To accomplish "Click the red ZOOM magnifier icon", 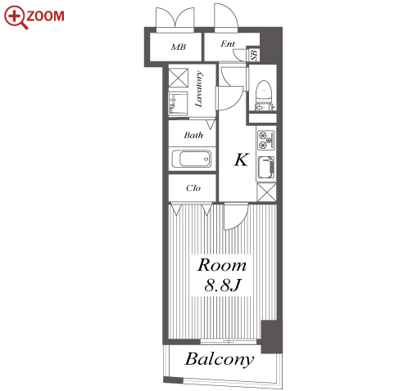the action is [16, 17].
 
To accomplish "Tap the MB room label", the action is [179, 47].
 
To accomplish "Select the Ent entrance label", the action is [228, 43].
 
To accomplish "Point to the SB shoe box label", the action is [254, 55].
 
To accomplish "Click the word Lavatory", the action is [199, 88].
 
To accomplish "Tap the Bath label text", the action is [193, 135].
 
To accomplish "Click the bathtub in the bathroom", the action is [192, 159].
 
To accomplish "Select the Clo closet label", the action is [193, 188].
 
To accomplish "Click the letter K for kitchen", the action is [242, 160].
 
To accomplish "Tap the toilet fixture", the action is [264, 96].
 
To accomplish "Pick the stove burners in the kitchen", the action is [265, 140].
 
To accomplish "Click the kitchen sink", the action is [266, 168].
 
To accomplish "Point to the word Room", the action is [221, 265].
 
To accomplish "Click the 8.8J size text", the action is [222, 285].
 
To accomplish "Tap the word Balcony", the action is [220, 359].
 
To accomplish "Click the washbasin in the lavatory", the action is [178, 104].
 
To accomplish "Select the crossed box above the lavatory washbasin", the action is [178, 78].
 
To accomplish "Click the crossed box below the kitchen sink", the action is [266, 192].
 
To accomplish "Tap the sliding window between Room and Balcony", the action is [229, 341].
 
